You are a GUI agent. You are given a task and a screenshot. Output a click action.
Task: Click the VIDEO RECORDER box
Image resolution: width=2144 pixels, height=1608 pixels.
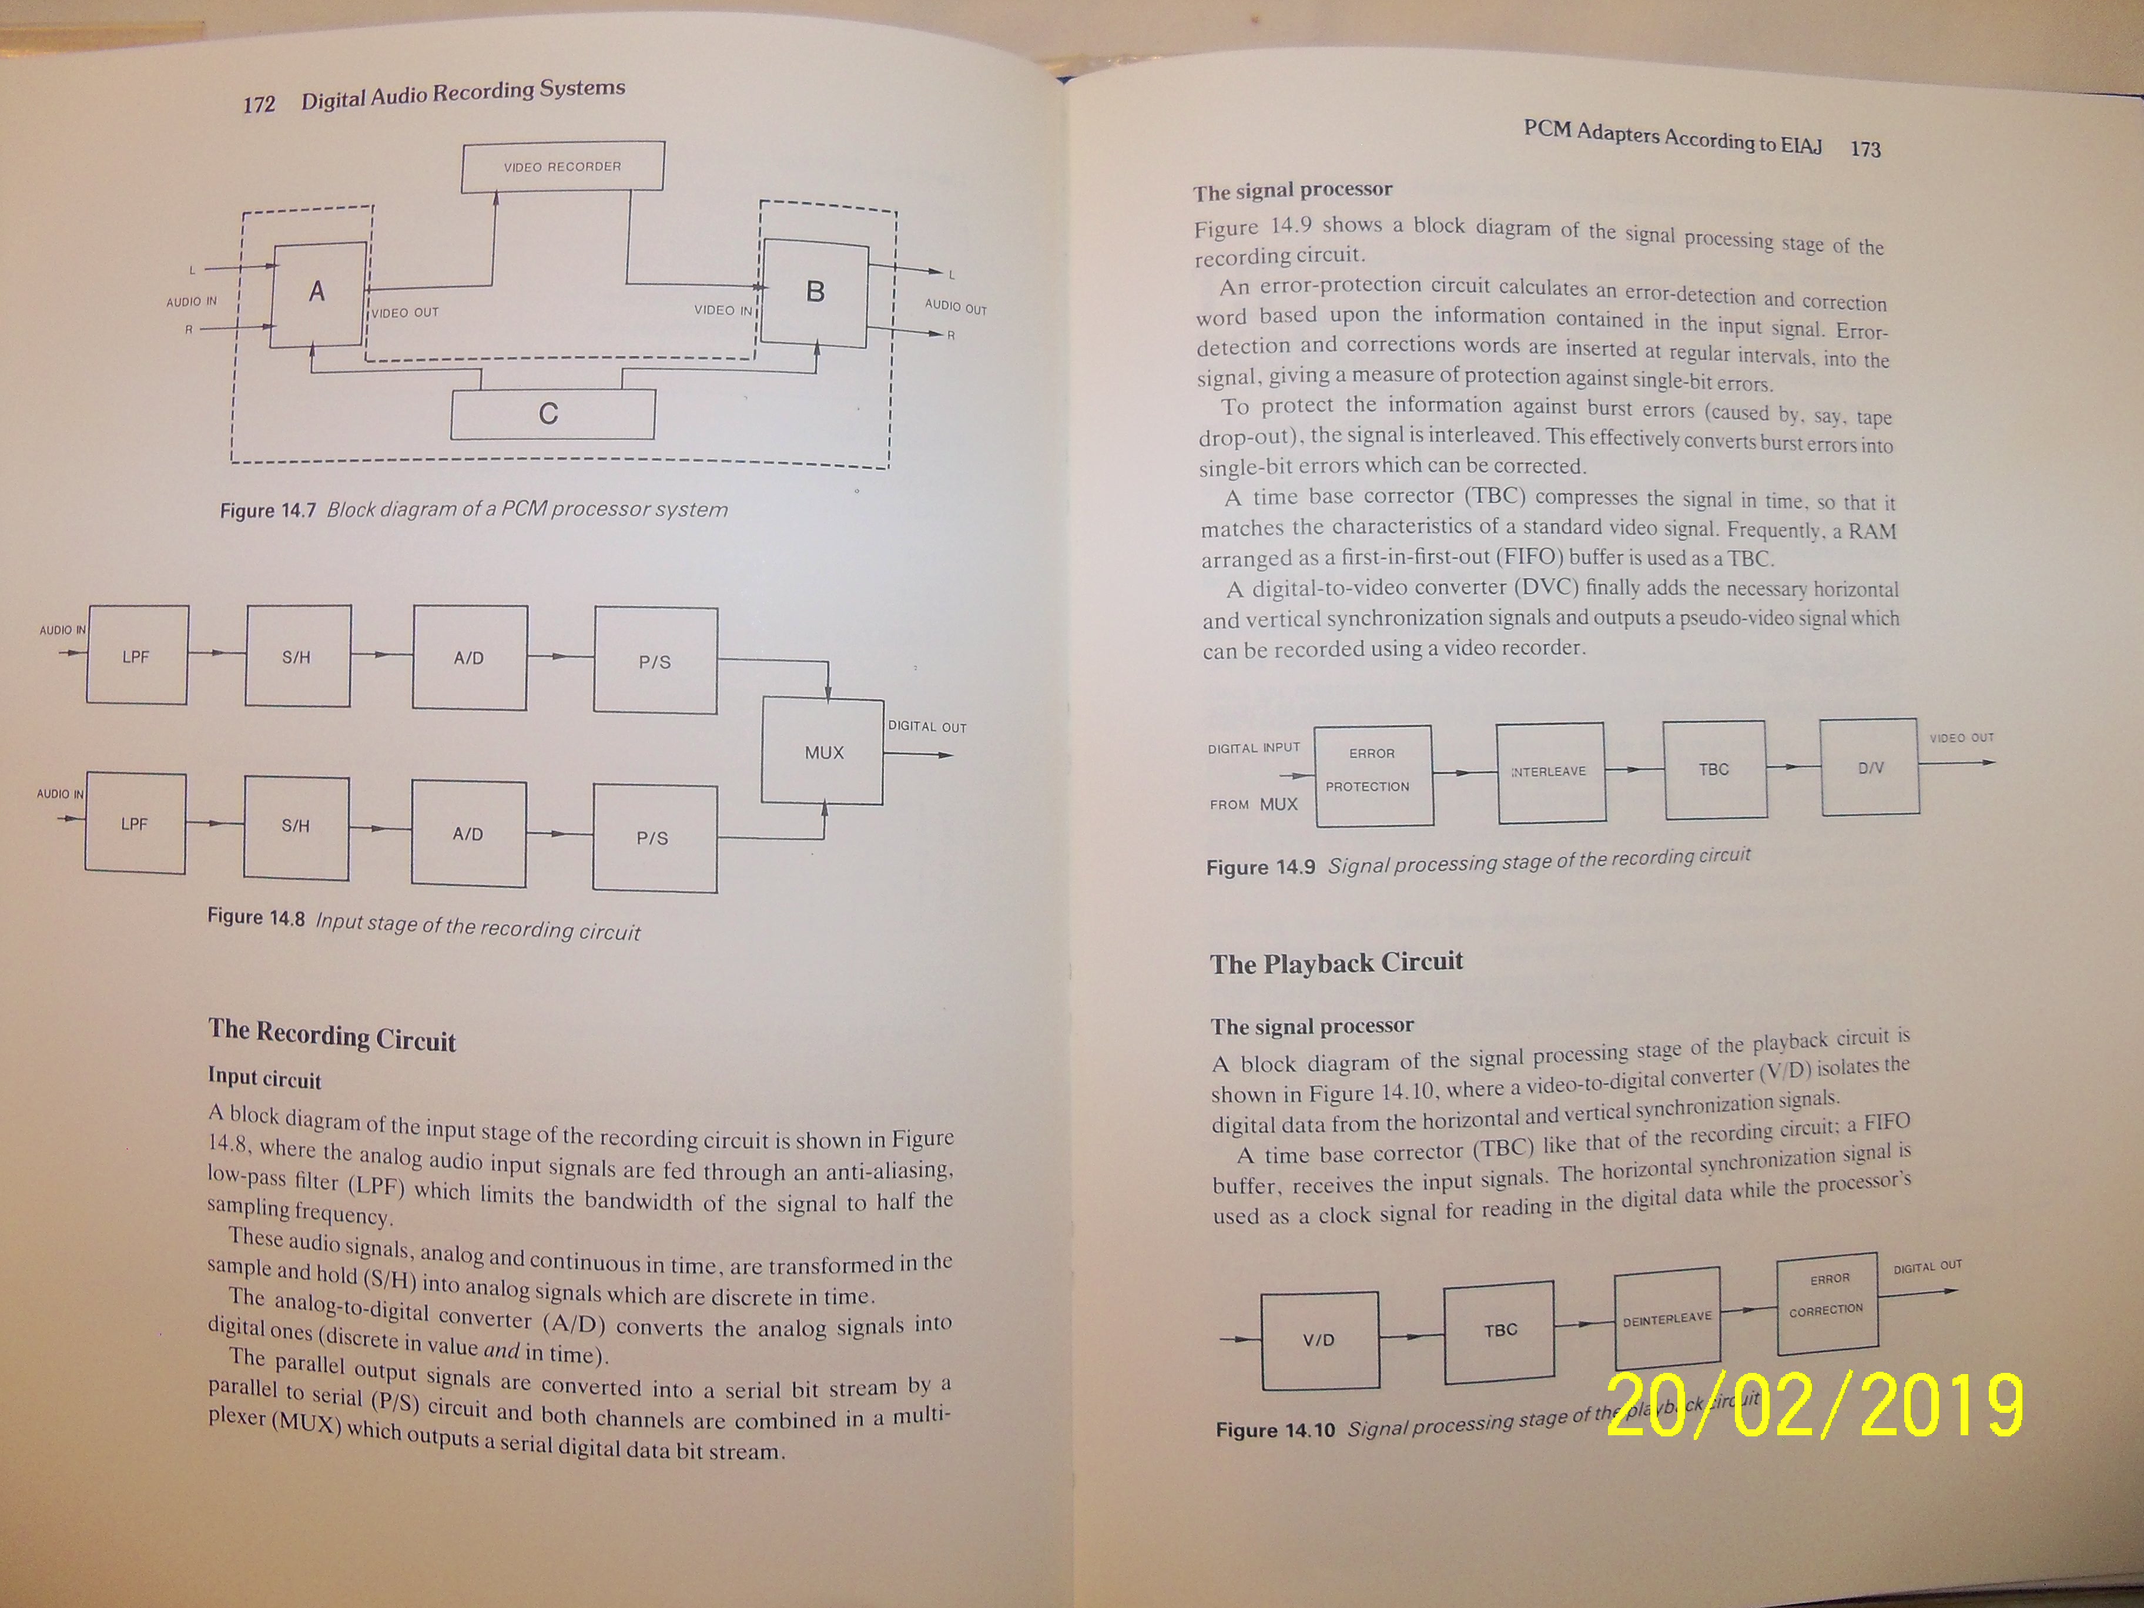[563, 167]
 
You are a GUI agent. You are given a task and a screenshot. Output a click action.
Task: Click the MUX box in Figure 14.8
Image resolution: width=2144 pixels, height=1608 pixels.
[823, 752]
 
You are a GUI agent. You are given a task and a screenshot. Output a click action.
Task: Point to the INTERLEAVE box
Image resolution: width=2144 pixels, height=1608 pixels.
[1549, 772]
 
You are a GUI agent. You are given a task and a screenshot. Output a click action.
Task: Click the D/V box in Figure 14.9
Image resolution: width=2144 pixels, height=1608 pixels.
[1870, 767]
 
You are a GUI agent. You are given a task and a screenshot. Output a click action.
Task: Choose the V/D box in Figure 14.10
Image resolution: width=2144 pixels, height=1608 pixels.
[1319, 1341]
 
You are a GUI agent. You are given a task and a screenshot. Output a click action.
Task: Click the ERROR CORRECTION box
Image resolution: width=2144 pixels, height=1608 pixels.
[1827, 1295]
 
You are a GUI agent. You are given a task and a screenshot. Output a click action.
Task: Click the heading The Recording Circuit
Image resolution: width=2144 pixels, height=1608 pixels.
[331, 1035]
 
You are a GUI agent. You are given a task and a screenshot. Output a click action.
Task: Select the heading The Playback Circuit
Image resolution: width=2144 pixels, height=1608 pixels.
[1336, 963]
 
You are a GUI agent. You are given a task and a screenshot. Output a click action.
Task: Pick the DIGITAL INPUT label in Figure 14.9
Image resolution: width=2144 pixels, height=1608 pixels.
[1253, 748]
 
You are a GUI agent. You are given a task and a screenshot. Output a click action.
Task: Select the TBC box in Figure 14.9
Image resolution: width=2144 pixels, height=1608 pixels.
[1714, 769]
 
